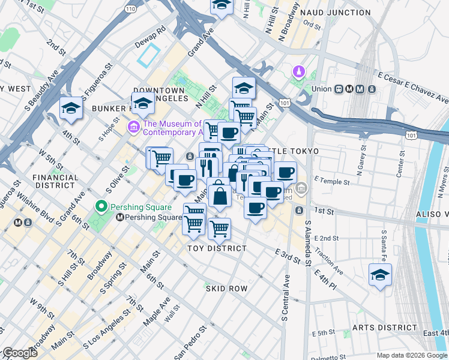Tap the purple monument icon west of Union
[x=298, y=73]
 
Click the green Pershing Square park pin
[x=101, y=207]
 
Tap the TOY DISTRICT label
[x=217, y=248]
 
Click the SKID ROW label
[x=227, y=289]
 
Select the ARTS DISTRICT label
[x=384, y=328]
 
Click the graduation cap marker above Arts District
[x=380, y=275]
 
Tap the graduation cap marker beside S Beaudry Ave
[x=71, y=109]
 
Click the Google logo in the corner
[x=20, y=353]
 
